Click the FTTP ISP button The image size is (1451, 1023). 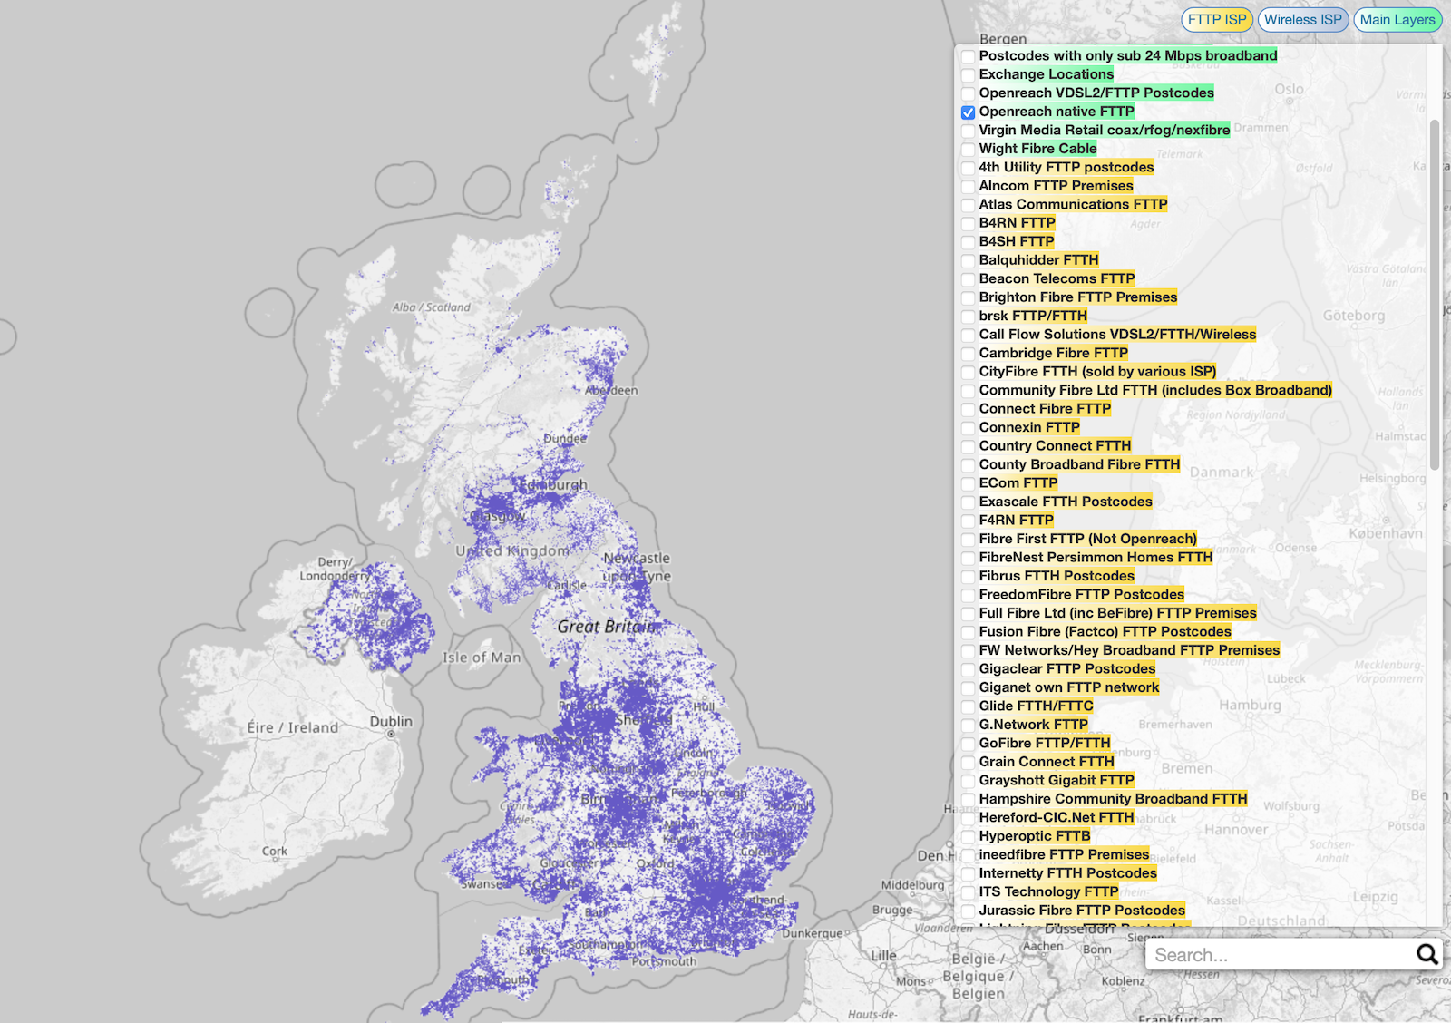pos(1216,20)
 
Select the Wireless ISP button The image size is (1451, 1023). pos(1302,20)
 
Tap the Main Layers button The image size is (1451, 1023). pos(1397,20)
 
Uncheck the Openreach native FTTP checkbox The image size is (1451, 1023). pos(969,112)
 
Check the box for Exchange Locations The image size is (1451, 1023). pos(969,75)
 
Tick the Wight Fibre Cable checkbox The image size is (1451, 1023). pos(969,150)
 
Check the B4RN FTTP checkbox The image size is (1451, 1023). pos(969,224)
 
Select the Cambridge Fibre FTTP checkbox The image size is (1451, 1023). pos(969,354)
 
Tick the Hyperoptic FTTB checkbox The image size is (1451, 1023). pos(969,837)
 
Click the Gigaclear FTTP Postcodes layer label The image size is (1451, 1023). pos(1066,669)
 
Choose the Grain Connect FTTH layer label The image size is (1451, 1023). pos(1046,762)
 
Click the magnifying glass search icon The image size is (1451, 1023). pos(1427,954)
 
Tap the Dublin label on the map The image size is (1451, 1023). pos(391,722)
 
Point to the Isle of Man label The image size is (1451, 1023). pos(482,658)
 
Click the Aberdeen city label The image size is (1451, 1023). pos(612,390)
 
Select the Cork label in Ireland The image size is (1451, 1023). pos(275,851)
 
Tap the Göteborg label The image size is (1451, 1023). pos(1353,316)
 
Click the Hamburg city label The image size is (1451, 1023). pos(1250,705)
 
